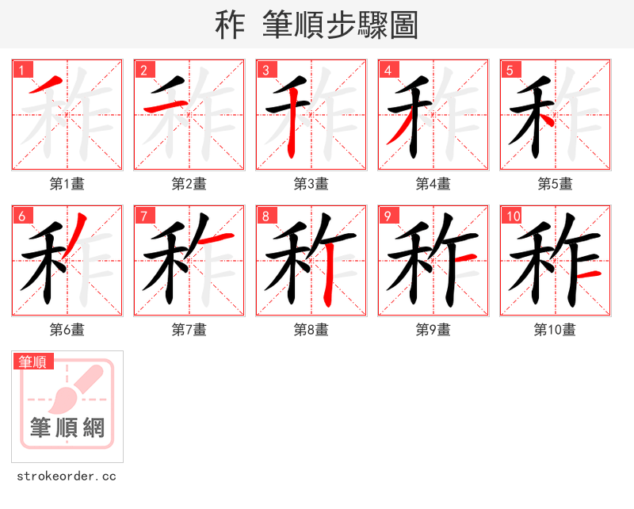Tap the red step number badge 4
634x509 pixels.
[x=388, y=71]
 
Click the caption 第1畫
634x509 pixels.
[x=67, y=184]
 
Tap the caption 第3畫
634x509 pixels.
[x=311, y=184]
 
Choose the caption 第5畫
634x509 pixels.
[x=556, y=184]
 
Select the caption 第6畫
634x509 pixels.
[x=67, y=330]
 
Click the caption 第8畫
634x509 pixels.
[x=311, y=330]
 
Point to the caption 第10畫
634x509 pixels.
[x=556, y=330]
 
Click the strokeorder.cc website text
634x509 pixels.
[x=67, y=476]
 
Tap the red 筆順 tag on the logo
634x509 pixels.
[x=34, y=362]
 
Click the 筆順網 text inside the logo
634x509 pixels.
[x=67, y=428]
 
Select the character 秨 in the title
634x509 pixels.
[x=229, y=25]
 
